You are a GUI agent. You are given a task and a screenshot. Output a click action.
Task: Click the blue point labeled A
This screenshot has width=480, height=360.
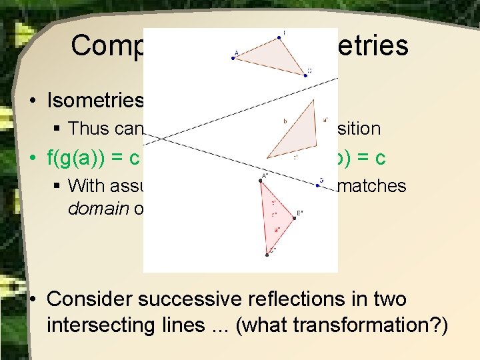pyautogui.click(x=233, y=58)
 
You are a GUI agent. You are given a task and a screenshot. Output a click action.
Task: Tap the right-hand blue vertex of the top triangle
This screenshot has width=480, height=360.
pyautogui.click(x=305, y=75)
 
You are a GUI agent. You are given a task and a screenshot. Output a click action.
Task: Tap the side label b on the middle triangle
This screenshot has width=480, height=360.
pyautogui.click(x=285, y=121)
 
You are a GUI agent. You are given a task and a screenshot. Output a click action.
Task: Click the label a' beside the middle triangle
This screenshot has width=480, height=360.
pyautogui.click(x=325, y=121)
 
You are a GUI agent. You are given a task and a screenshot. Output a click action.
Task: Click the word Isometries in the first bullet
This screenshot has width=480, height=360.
pyautogui.click(x=95, y=100)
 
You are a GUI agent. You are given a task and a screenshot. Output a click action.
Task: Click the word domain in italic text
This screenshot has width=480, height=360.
pyautogui.click(x=91, y=207)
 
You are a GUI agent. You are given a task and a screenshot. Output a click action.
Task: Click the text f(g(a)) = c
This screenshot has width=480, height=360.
pyautogui.click(x=93, y=159)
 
